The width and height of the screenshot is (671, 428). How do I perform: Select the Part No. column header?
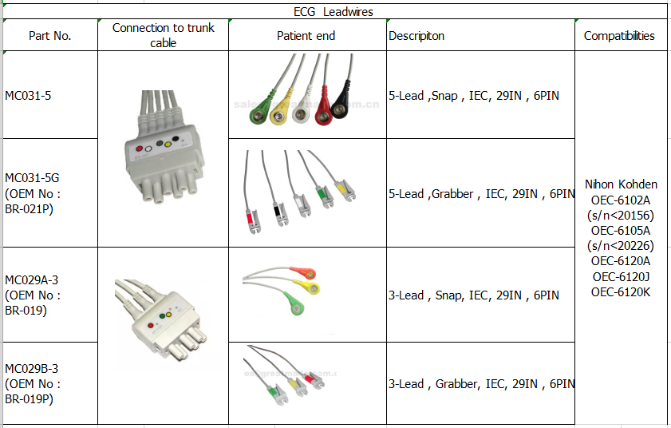tap(49, 36)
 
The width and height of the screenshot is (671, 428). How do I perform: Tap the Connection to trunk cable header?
tap(163, 35)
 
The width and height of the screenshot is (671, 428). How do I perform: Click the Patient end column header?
tap(306, 36)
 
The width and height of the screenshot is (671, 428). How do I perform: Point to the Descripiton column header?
tap(416, 36)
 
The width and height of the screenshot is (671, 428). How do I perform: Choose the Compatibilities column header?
tap(619, 36)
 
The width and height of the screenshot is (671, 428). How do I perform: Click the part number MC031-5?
tap(29, 96)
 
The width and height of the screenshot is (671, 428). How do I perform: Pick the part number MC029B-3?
tap(31, 368)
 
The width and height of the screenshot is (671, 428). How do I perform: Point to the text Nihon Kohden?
tap(621, 184)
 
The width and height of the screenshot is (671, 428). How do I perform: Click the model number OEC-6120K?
tap(621, 291)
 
